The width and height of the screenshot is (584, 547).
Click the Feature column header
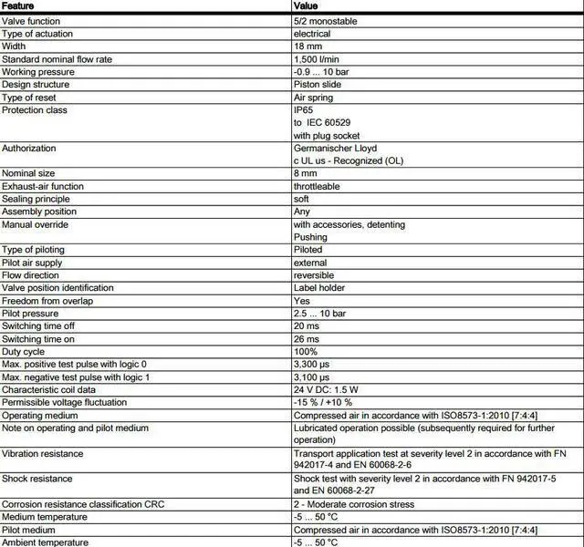coord(19,5)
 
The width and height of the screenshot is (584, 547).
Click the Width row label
coord(16,46)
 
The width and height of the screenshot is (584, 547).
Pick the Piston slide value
coord(319,85)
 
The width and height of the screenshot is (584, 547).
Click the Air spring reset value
coord(313,98)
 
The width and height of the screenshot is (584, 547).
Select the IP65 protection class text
coord(303,110)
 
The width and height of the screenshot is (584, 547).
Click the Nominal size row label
coord(30,173)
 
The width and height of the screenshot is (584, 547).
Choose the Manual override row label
coord(35,224)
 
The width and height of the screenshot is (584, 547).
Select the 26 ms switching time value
coord(307,339)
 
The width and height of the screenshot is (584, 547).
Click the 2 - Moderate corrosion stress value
coord(354,504)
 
